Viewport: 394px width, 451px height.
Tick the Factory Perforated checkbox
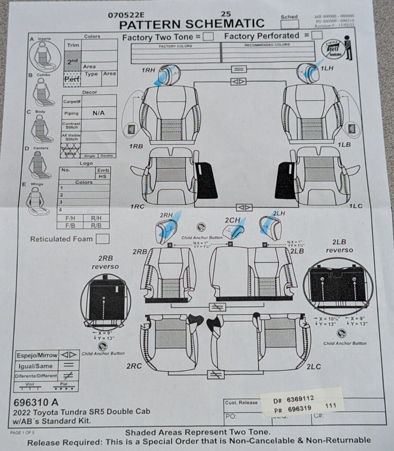[317, 35]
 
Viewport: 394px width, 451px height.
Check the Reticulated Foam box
[102, 239]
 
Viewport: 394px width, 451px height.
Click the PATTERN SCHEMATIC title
[191, 24]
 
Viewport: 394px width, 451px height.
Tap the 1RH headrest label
[149, 70]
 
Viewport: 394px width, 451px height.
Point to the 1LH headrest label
[327, 69]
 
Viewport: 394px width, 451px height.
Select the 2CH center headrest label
[232, 220]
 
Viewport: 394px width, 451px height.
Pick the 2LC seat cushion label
[314, 367]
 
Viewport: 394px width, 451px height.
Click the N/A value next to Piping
[98, 113]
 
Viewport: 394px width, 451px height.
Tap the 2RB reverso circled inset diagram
[106, 301]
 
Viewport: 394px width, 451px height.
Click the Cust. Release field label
[241, 402]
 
